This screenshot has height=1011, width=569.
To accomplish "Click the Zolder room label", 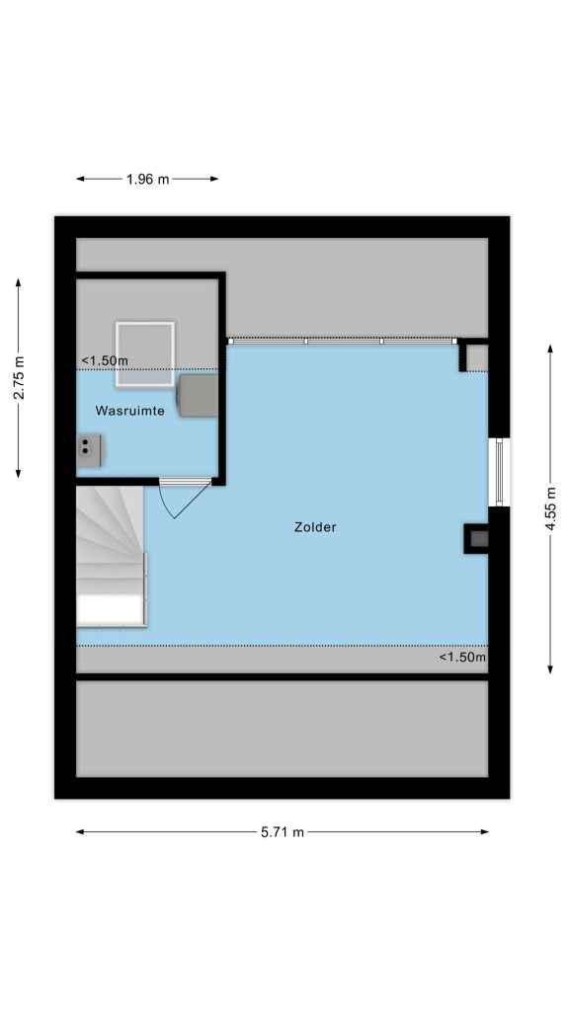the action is tap(315, 527).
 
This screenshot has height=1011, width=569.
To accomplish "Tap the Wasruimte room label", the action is tap(129, 410).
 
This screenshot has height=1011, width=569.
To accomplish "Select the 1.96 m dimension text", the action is tap(148, 180).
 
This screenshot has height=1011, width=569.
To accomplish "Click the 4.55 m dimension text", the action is tap(550, 508).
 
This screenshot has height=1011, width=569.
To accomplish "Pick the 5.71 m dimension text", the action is tap(283, 831).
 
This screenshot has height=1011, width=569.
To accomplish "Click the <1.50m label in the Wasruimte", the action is tap(105, 361).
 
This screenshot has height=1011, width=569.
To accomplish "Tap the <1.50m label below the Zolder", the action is tap(462, 657).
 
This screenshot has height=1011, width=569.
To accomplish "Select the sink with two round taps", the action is tap(90, 449).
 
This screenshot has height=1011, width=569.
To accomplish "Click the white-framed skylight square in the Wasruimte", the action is tap(145, 354).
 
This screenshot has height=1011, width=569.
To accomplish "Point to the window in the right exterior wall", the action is tap(499, 472).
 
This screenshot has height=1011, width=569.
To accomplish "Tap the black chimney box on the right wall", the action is tap(476, 538).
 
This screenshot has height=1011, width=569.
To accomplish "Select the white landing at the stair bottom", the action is tap(110, 609).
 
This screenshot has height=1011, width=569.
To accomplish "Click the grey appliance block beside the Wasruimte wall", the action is tap(198, 396).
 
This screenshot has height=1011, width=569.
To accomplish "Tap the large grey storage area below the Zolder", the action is tap(282, 729).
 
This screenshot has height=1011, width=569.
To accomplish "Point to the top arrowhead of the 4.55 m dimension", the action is tap(550, 349).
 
